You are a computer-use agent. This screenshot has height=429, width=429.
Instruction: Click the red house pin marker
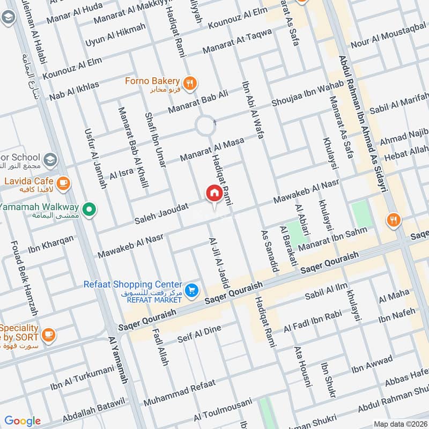(x=214, y=194)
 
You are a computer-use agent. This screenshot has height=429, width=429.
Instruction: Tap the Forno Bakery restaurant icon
(x=189, y=83)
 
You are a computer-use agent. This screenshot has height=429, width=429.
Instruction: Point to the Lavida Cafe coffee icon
(x=63, y=183)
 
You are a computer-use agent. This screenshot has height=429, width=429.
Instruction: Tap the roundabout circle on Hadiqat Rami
(x=205, y=127)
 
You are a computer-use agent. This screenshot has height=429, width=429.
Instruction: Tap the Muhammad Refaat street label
(x=180, y=393)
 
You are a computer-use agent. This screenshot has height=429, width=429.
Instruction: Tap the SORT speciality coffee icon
(x=48, y=333)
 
